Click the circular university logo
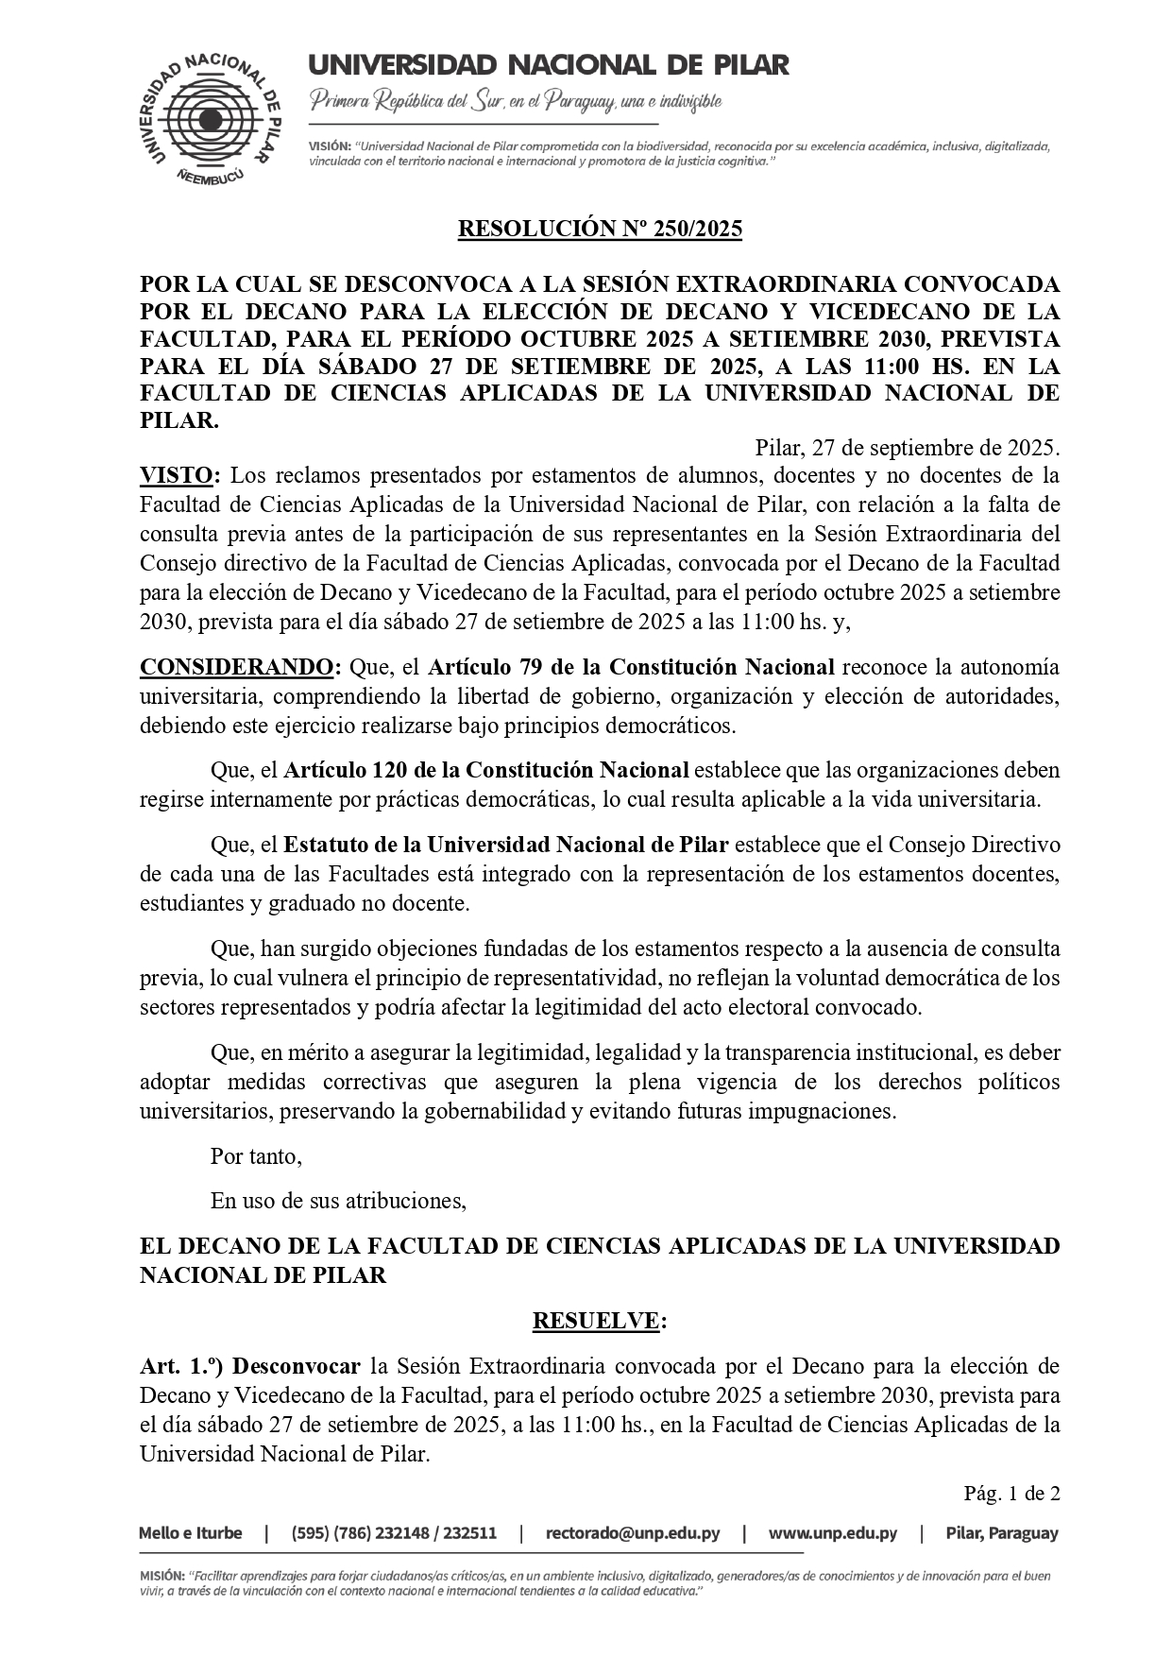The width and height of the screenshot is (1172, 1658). [x=211, y=119]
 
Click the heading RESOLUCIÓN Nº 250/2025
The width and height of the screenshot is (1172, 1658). [x=600, y=230]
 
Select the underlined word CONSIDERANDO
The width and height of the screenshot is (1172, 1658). [x=236, y=668]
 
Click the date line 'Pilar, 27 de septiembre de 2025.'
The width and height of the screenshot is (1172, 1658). [x=907, y=447]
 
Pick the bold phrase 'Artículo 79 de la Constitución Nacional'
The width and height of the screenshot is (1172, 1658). [x=631, y=668]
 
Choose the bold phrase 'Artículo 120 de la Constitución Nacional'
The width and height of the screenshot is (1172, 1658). [x=485, y=770]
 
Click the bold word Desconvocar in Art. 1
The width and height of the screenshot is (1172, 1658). [x=297, y=1366]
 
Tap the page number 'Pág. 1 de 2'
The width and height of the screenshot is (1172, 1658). [x=1011, y=1494]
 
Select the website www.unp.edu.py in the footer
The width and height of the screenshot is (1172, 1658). [x=832, y=1533]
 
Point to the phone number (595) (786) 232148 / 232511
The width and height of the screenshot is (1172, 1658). [x=394, y=1533]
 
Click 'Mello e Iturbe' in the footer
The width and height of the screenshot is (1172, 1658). [x=190, y=1533]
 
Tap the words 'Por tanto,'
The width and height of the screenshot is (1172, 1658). [x=256, y=1156]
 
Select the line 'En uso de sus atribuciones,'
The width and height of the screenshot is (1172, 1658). [x=338, y=1201]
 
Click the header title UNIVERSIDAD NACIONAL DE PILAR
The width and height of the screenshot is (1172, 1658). [x=548, y=65]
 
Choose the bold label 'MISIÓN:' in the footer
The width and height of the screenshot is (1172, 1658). [x=161, y=1577]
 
